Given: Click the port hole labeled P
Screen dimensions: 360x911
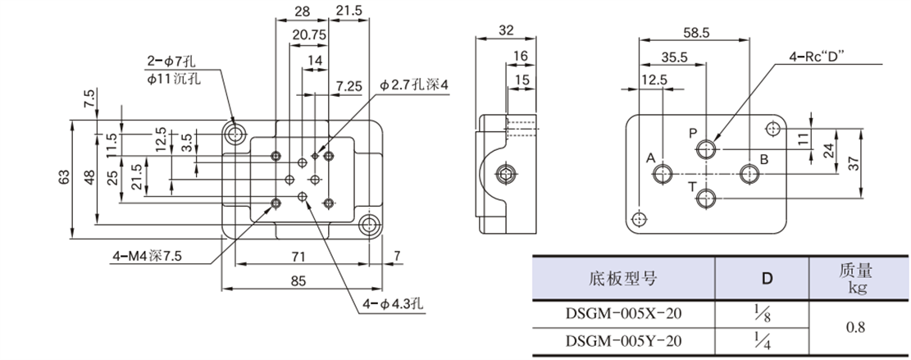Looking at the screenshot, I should click(706, 148).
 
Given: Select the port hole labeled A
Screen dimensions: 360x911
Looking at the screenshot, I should click(661, 174).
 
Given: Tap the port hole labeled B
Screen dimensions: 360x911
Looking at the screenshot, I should click(748, 174).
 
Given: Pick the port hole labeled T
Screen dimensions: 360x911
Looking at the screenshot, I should click(706, 196).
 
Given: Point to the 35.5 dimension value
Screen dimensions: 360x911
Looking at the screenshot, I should click(672, 57).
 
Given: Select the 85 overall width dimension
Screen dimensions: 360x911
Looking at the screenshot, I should click(298, 281).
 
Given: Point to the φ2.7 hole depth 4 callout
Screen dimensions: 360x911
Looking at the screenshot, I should click(414, 84).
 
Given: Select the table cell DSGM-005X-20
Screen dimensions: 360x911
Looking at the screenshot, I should click(623, 314).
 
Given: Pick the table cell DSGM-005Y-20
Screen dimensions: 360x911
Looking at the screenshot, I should click(623, 341).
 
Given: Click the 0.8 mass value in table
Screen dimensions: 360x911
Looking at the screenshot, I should click(857, 327).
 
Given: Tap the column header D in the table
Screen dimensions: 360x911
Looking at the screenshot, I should click(766, 278).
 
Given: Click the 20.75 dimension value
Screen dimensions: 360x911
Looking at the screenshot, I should click(309, 35).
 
